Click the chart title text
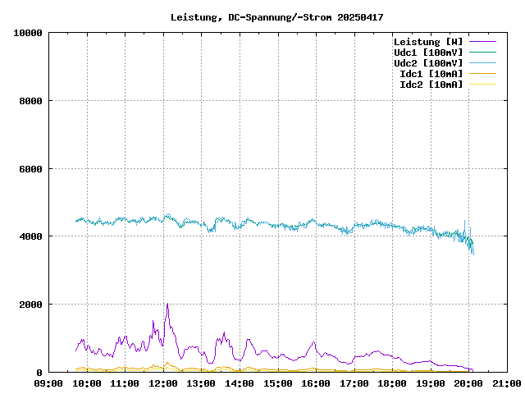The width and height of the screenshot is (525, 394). [x=276, y=17]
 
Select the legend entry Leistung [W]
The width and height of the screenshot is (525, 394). [x=427, y=42]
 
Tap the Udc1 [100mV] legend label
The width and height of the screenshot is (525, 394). [x=427, y=53]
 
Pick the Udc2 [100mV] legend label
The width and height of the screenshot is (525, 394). [x=427, y=63]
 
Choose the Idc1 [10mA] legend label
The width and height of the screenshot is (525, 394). [x=430, y=74]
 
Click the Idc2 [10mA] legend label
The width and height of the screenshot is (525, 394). [x=430, y=85]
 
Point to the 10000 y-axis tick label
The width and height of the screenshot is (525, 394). [x=28, y=33]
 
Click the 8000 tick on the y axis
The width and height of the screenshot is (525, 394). [x=30, y=101]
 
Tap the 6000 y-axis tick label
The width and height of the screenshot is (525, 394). [x=30, y=169]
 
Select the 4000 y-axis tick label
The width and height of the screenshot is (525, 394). [x=30, y=236]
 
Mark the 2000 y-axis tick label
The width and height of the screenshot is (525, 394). [x=30, y=305]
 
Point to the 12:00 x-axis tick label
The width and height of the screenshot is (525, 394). [x=162, y=383]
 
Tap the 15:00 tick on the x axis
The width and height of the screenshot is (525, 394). [x=277, y=383]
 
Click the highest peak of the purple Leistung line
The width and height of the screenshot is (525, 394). [x=167, y=304]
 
